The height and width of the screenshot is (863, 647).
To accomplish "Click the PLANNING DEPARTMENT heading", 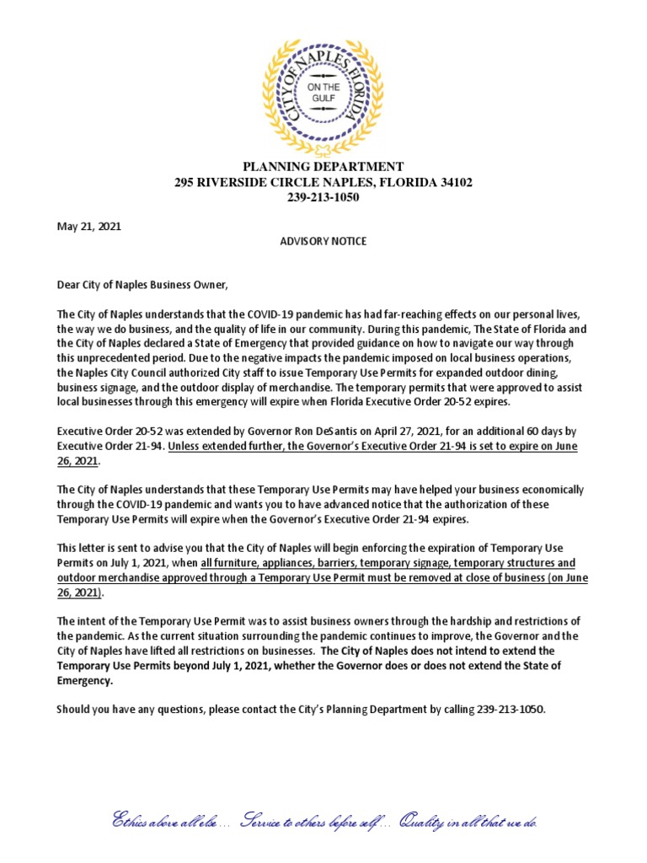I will pos(323,167).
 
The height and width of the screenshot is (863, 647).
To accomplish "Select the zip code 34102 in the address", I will pos(454,182).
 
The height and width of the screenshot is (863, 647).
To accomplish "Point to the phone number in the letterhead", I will pos(323,197).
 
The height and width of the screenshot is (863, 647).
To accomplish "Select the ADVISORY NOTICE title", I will pos(323,241).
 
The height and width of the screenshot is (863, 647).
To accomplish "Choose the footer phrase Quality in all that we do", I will pos(469,822).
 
